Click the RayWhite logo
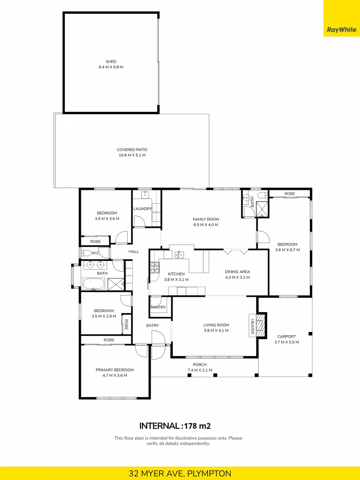[x=341, y=30]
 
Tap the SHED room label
[x=111, y=62]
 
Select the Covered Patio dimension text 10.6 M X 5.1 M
[x=132, y=155]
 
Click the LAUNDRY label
[x=143, y=209]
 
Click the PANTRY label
[x=158, y=307]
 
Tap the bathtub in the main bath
[x=93, y=283]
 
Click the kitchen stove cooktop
[x=155, y=268]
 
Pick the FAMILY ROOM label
[x=206, y=219]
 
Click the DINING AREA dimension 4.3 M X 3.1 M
[x=237, y=277]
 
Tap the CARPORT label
[x=286, y=336]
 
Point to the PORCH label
[x=200, y=364]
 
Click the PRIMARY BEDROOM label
[x=115, y=370]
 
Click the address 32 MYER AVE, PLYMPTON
[x=180, y=473]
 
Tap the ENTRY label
[x=152, y=326]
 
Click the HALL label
[x=134, y=252]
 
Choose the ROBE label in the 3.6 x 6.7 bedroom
[x=290, y=194]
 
